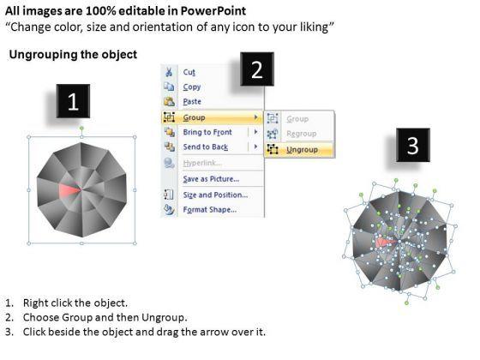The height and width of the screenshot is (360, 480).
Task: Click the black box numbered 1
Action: [73, 101]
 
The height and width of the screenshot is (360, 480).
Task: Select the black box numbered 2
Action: [257, 69]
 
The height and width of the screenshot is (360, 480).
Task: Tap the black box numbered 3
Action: [413, 145]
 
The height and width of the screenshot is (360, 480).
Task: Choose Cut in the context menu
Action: [189, 72]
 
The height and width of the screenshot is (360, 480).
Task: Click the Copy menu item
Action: [192, 87]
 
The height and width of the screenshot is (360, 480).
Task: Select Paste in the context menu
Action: [192, 102]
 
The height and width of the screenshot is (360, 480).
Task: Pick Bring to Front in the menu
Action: [207, 132]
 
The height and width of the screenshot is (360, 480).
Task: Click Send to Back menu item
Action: [206, 147]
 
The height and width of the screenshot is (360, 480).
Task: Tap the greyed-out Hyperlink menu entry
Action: [202, 163]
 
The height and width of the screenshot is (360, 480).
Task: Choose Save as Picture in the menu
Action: [211, 179]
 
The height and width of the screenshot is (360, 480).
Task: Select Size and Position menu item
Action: [215, 195]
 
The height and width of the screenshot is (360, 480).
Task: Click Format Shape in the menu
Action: [210, 210]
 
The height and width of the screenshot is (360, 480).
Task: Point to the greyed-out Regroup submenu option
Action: [301, 134]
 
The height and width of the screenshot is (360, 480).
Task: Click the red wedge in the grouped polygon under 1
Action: [69, 190]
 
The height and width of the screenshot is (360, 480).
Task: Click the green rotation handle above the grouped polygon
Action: [81, 128]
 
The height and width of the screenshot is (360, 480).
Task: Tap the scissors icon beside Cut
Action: [169, 72]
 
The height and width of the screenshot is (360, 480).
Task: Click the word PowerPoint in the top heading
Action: [213, 11]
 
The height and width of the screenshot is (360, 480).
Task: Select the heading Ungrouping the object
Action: [73, 55]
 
